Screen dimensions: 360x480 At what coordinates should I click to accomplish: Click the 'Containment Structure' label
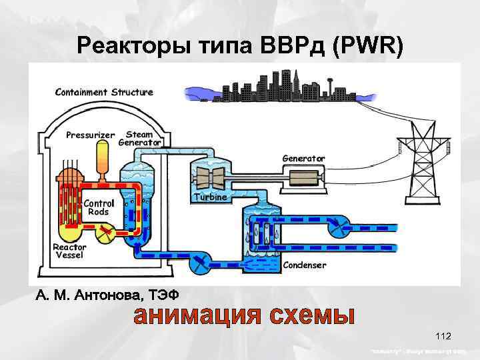pos(103,92)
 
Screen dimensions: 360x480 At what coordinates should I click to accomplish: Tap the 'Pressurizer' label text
pos(90,135)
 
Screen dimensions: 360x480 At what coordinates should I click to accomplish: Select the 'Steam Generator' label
pos(139,138)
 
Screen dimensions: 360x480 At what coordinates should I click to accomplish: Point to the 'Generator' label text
pos(303,159)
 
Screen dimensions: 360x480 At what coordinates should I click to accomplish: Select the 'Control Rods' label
pos(99,207)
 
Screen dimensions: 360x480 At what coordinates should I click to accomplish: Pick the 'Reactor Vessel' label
pos(69,250)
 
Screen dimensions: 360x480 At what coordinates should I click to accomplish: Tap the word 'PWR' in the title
pos(369,46)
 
